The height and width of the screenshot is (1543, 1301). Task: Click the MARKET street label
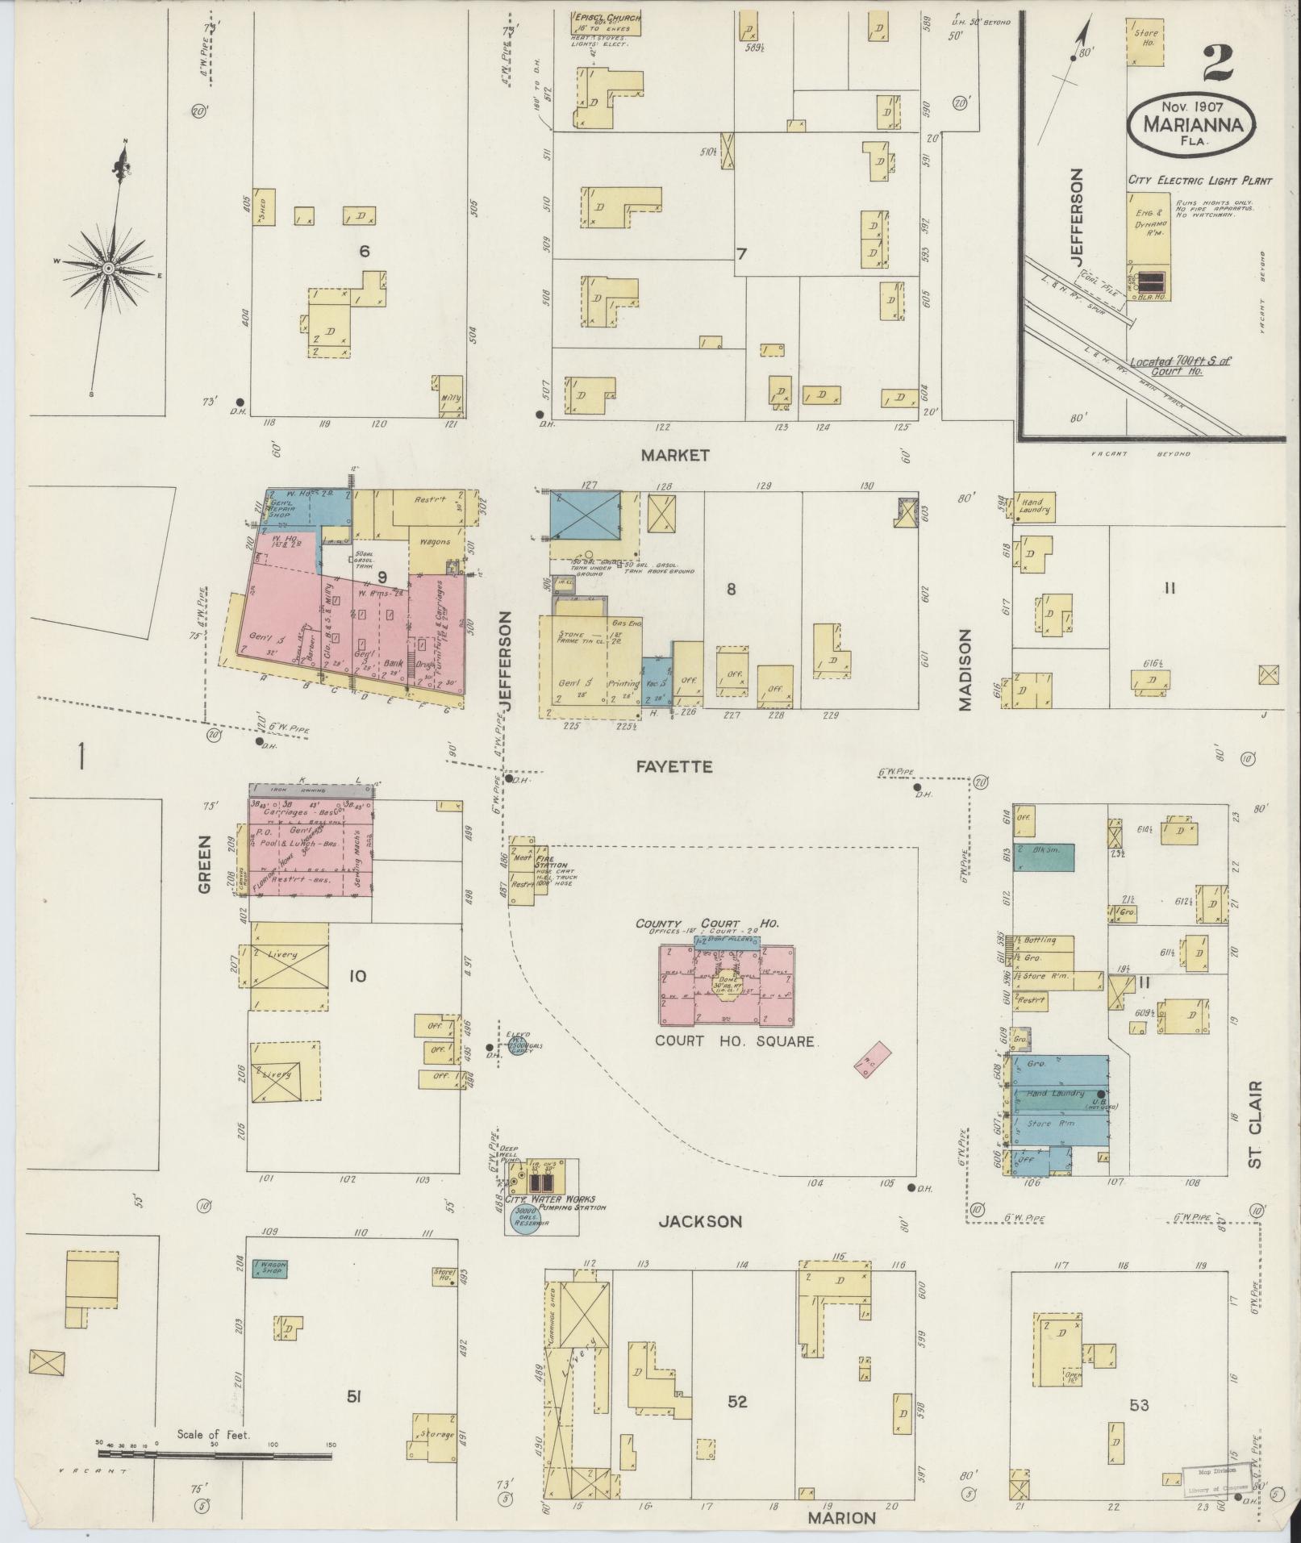[x=675, y=455]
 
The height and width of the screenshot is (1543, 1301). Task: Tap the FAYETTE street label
[x=674, y=766]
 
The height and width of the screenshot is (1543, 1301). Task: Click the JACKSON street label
[x=699, y=1221]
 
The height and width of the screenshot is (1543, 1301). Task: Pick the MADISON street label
[x=965, y=669]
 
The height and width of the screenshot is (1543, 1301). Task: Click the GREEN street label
[x=204, y=863]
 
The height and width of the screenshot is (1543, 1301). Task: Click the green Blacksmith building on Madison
[x=1044, y=857]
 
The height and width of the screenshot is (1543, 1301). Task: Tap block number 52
[x=737, y=1402]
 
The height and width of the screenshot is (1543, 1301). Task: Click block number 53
[x=1139, y=1405]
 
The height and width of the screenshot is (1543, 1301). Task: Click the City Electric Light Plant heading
[x=1199, y=181]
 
